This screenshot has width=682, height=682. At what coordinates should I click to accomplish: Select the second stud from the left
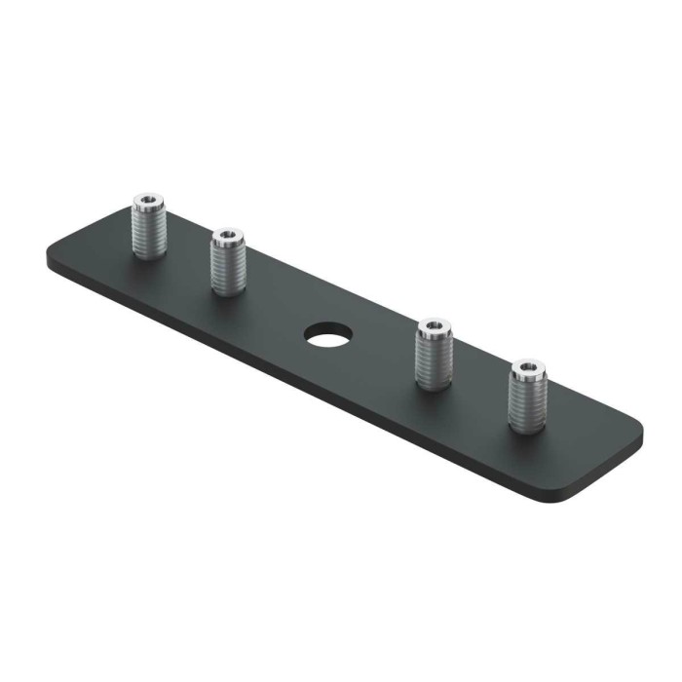pyautogui.click(x=227, y=262)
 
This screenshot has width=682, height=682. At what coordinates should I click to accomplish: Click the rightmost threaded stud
pyautogui.click(x=527, y=395)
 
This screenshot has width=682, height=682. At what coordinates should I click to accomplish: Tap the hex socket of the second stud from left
pyautogui.click(x=227, y=235)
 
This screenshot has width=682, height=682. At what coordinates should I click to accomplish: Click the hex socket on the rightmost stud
pyautogui.click(x=527, y=367)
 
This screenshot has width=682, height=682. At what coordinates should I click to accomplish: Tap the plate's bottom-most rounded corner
pyautogui.click(x=565, y=499)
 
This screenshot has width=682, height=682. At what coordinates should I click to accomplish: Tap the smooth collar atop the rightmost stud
pyautogui.click(x=527, y=376)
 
